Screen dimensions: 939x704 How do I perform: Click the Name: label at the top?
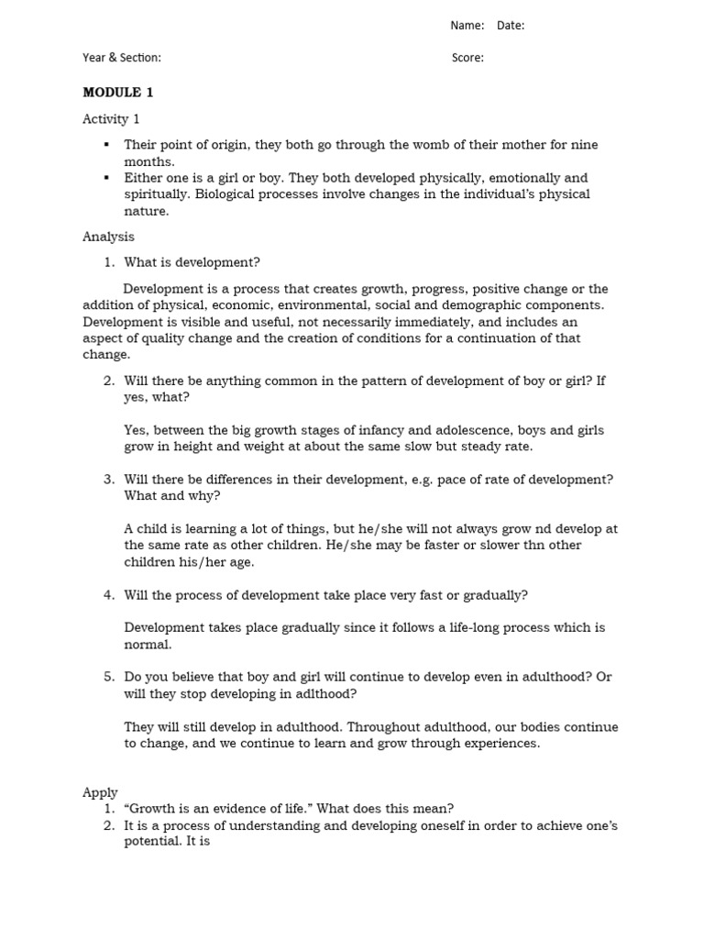tap(467, 26)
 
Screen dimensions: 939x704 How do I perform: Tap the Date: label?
tap(511, 26)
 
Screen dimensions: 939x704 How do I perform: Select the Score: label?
tap(467, 58)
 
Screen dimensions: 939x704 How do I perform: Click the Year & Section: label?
tap(122, 58)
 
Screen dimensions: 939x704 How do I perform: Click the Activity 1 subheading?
tap(111, 119)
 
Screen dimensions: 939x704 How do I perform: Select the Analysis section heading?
tap(108, 237)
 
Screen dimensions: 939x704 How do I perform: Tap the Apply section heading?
tap(100, 792)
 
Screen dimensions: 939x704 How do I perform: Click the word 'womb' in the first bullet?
tap(415, 145)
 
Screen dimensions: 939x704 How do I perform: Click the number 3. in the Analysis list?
tap(108, 480)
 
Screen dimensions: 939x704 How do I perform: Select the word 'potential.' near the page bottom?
tap(155, 842)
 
